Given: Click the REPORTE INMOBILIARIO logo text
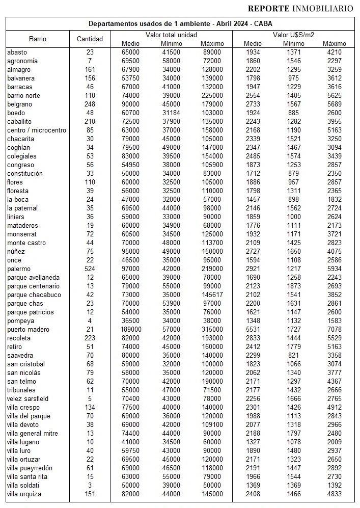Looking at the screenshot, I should click(300, 8).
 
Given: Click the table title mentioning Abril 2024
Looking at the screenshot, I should click(180, 24).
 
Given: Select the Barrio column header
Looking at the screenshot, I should click(38, 39).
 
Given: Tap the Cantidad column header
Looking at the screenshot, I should click(90, 39).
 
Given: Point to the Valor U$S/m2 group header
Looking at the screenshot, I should click(293, 35).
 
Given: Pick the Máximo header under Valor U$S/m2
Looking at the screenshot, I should click(334, 43).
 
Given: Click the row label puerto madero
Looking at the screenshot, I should click(26, 330).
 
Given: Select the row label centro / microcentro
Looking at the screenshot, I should click(37, 130).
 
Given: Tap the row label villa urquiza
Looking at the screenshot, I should click(24, 494).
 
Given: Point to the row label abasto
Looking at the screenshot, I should click(17, 52).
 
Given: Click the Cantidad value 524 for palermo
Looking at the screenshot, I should click(90, 269).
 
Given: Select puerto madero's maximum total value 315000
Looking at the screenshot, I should click(211, 330).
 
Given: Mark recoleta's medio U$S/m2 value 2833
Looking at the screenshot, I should click(253, 338).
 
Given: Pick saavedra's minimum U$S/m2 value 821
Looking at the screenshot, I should click(293, 356).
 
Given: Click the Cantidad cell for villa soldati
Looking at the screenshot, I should click(90, 486).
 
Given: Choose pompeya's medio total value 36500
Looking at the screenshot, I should click(131, 321).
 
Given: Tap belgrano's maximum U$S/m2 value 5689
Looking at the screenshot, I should click(334, 104).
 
